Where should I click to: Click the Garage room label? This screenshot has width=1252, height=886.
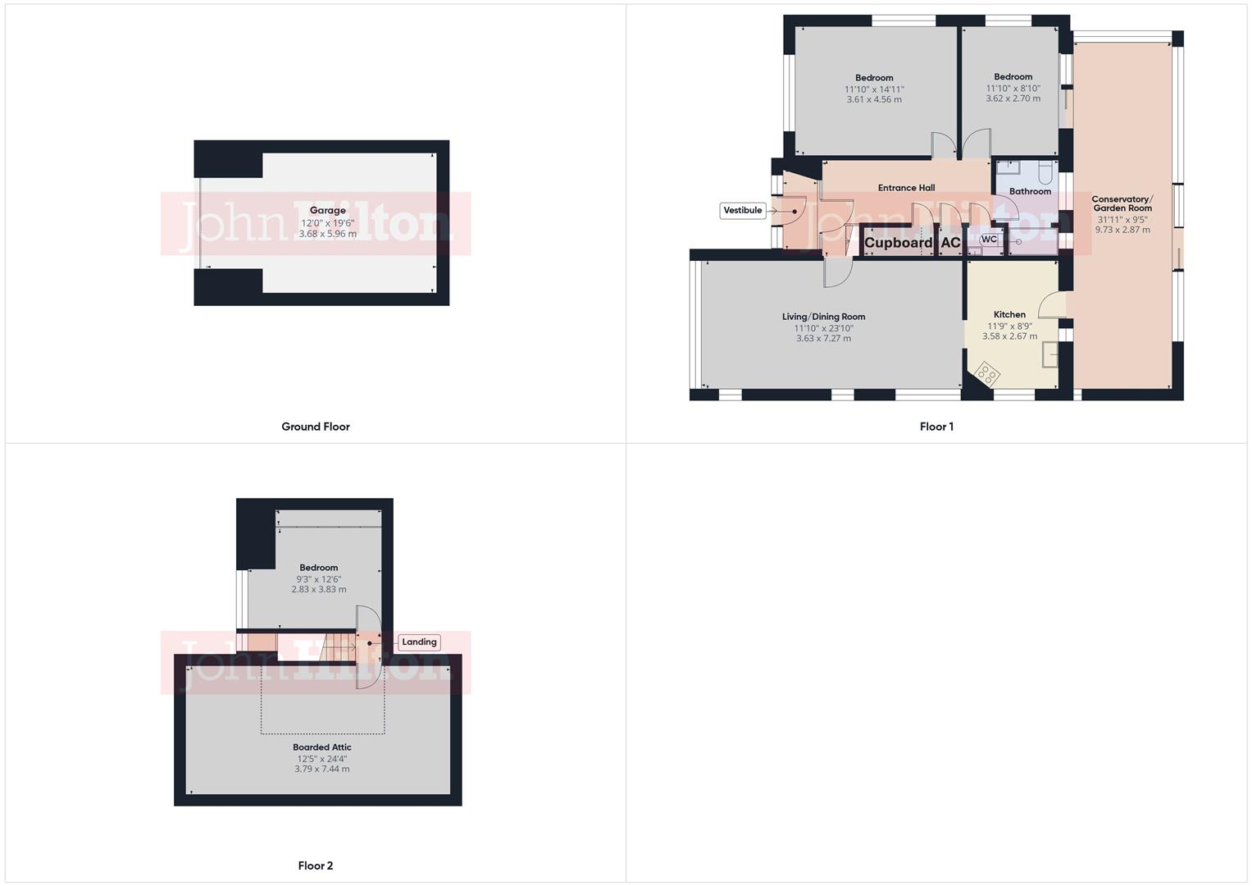pos(327,211)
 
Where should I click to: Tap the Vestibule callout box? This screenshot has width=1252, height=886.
pos(743,211)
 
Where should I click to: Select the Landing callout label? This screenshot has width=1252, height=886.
pos(419,642)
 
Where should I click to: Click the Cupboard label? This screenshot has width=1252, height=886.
pos(899,243)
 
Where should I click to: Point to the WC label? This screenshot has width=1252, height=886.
pos(989,240)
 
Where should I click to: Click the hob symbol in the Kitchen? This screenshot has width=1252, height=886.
pos(987,374)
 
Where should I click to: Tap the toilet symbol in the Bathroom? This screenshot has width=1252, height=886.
pos(1045,172)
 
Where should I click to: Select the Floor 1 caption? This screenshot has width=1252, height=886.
pos(936,427)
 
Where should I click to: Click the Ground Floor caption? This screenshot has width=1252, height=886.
pos(316,427)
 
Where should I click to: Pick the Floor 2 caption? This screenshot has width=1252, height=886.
pos(316,865)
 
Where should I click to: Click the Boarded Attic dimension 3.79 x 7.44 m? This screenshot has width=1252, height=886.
pos(322,770)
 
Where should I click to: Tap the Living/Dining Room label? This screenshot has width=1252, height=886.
pos(823,317)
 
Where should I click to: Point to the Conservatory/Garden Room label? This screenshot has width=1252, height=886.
pos(1122,203)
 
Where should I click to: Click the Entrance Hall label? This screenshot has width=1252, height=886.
pos(906,188)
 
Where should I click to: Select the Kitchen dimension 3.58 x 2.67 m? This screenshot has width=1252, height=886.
pos(1009,336)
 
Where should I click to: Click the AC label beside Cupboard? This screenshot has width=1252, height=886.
pos(950,243)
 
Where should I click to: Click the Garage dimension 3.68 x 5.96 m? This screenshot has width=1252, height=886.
pos(327,234)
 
